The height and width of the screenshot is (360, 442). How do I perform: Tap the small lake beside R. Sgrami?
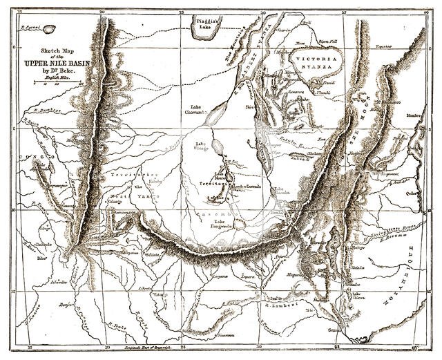[x=48, y=29]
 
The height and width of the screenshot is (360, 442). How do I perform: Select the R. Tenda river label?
[x=119, y=325]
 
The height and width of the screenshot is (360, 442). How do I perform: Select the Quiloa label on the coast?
[x=413, y=193]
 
